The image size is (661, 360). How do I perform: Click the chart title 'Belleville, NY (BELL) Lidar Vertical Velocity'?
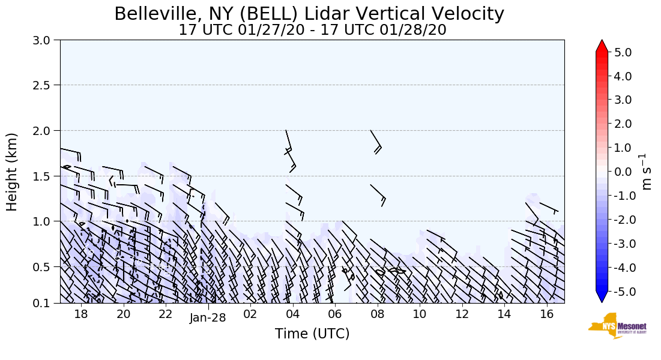[309, 14]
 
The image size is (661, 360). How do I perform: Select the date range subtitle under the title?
[312, 30]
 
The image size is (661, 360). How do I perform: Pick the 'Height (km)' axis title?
[12, 172]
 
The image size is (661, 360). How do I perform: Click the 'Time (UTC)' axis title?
[312, 334]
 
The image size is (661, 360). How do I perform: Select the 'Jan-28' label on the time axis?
[208, 317]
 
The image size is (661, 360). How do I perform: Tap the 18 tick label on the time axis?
[81, 314]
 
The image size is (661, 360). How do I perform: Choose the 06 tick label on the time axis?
[335, 314]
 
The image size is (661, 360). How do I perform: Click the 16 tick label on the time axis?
[546, 314]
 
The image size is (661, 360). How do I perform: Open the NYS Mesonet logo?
[614, 326]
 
